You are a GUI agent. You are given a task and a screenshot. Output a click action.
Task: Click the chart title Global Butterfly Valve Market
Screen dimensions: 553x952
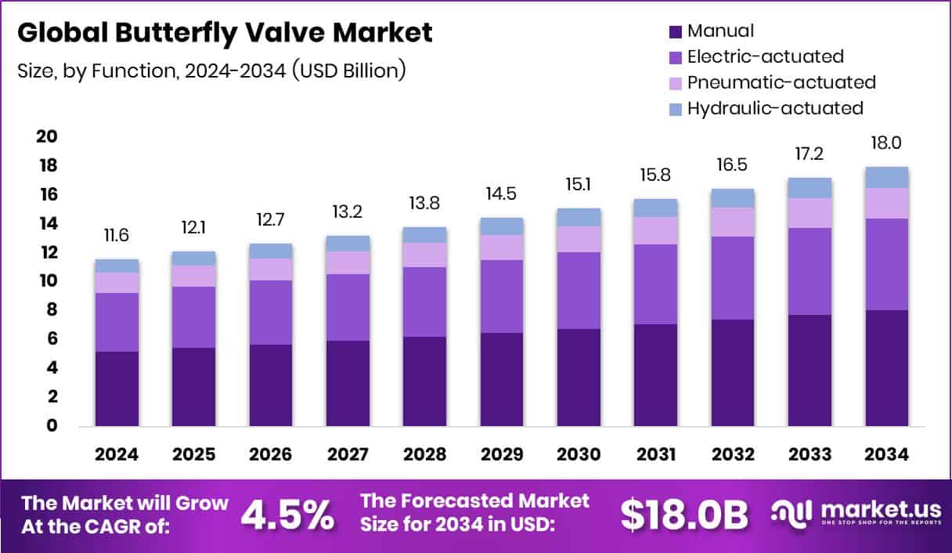[x=224, y=33]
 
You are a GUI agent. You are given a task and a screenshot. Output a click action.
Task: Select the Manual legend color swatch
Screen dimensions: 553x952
[x=675, y=32]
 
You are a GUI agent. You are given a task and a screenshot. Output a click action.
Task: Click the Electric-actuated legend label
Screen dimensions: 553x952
[x=765, y=56]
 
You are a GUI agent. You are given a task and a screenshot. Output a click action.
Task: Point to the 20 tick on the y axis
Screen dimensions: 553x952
[x=46, y=137]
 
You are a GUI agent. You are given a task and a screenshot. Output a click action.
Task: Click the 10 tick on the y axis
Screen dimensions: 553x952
[x=46, y=281]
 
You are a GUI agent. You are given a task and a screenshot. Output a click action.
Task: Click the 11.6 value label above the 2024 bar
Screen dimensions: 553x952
[x=117, y=236]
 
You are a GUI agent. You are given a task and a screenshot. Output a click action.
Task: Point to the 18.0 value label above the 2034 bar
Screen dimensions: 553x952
[x=886, y=143]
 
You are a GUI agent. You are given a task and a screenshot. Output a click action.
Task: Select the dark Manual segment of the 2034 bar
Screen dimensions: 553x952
[x=886, y=368]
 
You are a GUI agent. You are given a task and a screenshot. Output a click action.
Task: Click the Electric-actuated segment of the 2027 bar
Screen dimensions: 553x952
[x=348, y=307]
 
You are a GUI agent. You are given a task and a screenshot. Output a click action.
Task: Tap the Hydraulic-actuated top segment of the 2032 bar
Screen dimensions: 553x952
[x=733, y=198]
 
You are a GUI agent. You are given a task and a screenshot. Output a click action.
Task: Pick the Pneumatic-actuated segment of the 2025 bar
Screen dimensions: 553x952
[x=193, y=276]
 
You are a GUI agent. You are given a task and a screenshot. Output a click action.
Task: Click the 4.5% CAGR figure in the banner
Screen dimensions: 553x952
[x=287, y=515]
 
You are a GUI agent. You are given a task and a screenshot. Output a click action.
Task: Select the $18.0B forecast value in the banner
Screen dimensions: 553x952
[x=683, y=515]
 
